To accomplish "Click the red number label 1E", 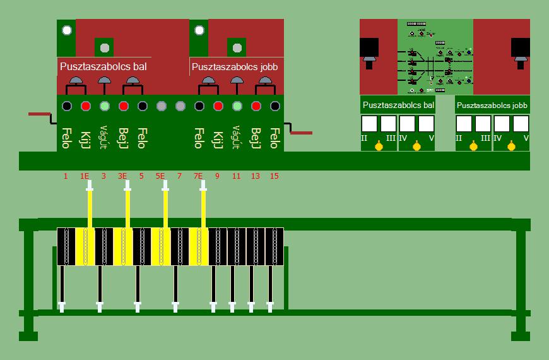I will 85,176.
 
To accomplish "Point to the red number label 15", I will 274,176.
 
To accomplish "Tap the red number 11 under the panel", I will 237,176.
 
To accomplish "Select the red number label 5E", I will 161,176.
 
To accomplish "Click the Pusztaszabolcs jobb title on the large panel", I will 235,66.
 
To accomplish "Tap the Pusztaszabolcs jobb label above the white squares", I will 492,105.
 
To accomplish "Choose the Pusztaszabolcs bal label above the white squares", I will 398,105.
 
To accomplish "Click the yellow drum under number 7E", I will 199,246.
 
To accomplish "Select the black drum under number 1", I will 66,246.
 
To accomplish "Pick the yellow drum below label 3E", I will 123,246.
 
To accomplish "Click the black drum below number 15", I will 274,246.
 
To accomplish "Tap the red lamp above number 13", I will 256,106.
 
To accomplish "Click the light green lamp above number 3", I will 105,106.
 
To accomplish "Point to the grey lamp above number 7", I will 180,106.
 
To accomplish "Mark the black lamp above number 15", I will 275,106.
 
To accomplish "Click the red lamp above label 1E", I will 86,106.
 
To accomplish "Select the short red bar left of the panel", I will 39,114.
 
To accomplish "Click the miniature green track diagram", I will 435,57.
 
